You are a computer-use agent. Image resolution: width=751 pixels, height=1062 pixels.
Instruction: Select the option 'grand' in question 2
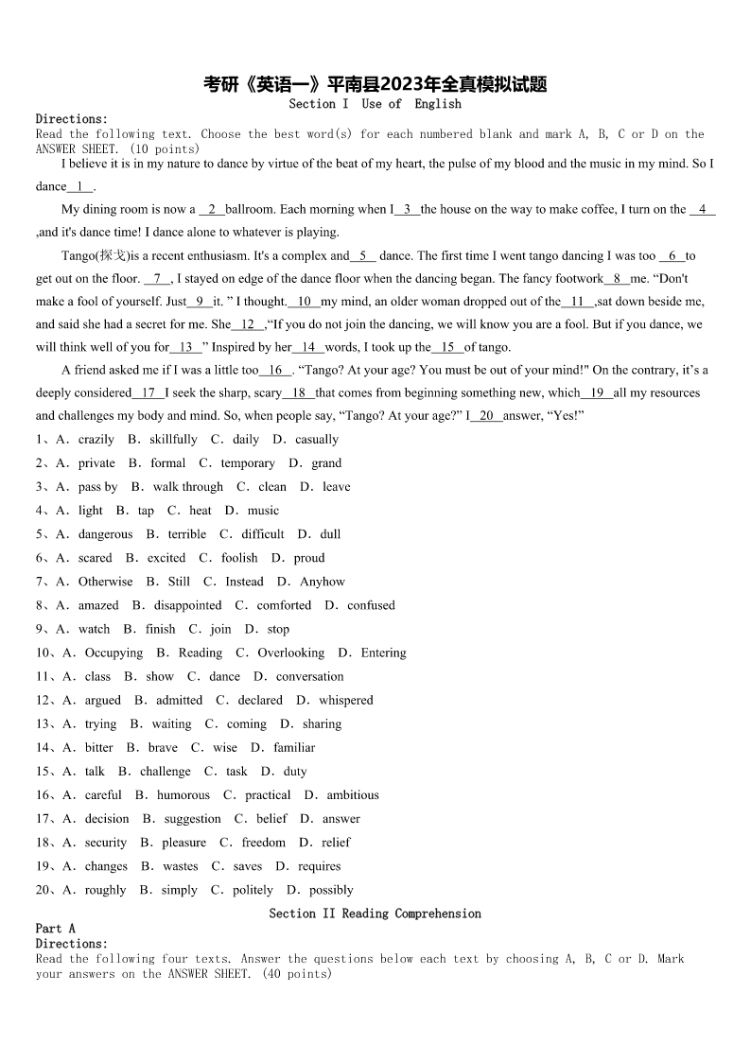[x=326, y=463]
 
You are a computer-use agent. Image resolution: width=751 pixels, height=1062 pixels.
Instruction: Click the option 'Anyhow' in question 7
[x=323, y=582]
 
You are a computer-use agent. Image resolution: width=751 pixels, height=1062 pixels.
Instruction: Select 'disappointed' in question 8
[x=187, y=605]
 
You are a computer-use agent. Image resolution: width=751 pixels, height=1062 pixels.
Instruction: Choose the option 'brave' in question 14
[x=163, y=748]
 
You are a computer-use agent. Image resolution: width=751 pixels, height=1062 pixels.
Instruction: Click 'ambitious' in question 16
[x=353, y=795]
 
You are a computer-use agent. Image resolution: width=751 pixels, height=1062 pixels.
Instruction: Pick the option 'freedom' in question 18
[x=264, y=843]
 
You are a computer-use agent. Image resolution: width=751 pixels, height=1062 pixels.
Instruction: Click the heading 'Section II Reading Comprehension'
[x=375, y=914]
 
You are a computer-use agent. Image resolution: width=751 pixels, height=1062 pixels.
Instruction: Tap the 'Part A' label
[x=55, y=929]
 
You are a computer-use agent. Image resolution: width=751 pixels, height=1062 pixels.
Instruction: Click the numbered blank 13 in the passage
[x=185, y=347]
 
